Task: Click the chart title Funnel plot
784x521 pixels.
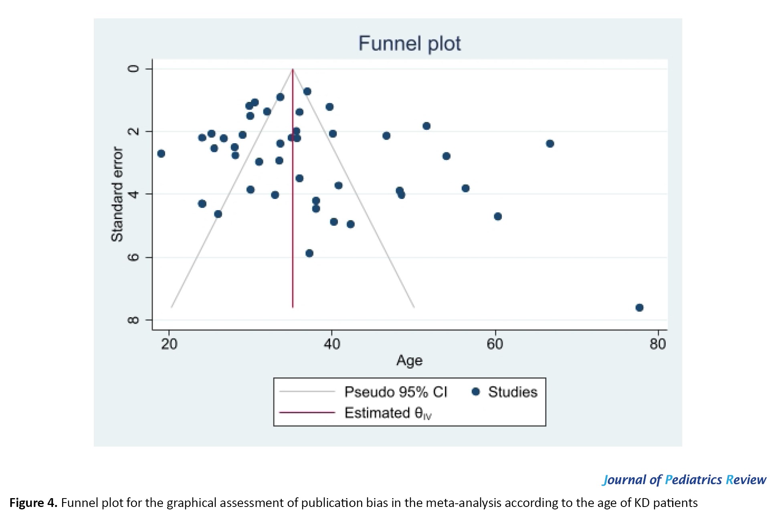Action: [409, 43]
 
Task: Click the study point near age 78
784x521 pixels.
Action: [639, 308]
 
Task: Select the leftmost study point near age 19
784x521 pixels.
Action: [161, 154]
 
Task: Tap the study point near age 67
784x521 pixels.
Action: [550, 144]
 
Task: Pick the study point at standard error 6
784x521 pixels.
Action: [309, 253]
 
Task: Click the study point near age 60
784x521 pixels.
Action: [498, 217]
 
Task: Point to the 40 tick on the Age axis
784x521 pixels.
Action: [332, 344]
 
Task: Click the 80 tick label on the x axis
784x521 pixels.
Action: [658, 344]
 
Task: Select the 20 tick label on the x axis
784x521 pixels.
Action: [169, 344]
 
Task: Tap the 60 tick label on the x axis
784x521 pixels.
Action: [495, 344]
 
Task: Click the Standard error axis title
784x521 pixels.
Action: [117, 194]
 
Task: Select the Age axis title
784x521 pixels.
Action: [409, 361]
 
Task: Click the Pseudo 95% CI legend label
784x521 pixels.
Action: [396, 392]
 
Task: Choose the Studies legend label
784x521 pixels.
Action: [513, 392]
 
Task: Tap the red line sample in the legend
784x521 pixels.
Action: [307, 412]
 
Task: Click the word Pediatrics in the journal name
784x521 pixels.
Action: [694, 480]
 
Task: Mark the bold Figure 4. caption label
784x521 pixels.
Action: [34, 503]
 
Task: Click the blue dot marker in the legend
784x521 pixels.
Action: [476, 392]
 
